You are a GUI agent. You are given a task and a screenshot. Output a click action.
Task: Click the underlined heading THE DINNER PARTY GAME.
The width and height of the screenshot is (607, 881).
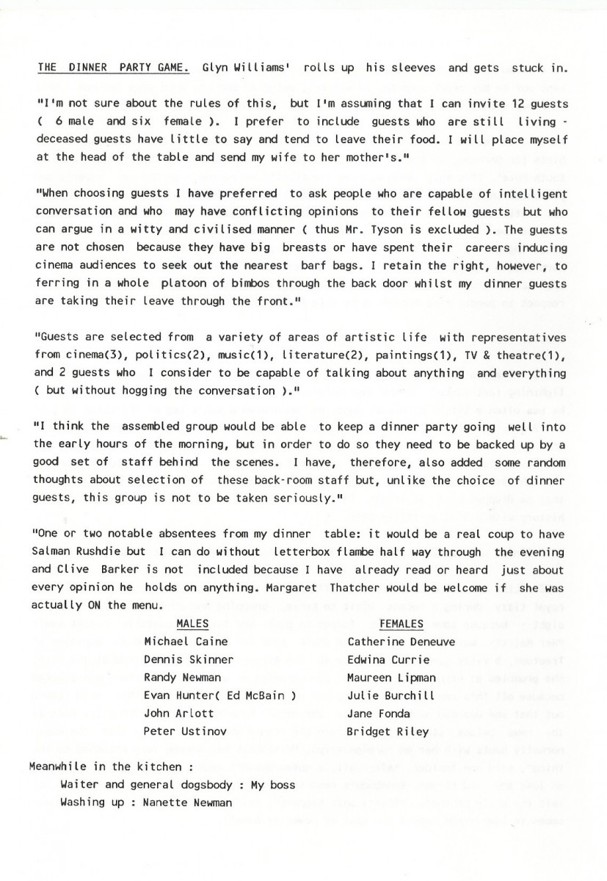(114, 68)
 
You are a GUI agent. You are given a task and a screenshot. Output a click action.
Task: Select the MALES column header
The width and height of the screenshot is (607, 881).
(193, 624)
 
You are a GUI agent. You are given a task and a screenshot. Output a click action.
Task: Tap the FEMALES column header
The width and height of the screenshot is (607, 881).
(401, 624)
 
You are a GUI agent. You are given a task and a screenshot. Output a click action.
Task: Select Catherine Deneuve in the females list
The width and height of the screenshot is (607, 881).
(401, 642)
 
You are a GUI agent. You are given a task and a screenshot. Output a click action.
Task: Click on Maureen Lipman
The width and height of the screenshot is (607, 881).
(392, 678)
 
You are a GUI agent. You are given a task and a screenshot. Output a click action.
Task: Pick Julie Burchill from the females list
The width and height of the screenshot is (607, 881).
(391, 695)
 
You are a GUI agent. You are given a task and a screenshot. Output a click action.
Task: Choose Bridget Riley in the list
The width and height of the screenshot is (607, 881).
(385, 731)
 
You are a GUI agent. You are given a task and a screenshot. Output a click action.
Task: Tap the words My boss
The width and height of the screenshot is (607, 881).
(273, 785)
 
